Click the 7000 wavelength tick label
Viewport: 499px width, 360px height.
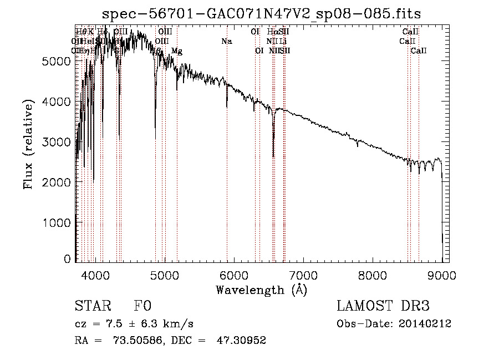(x=303, y=275)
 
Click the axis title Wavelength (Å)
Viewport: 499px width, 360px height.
(x=261, y=290)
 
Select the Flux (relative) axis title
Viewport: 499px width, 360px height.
(x=28, y=144)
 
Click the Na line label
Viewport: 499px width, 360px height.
(x=226, y=42)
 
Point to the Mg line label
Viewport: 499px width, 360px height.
(x=176, y=51)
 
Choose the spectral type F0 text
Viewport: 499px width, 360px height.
(x=142, y=306)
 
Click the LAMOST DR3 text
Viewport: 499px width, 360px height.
(x=383, y=306)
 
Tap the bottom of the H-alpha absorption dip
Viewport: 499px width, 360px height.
(x=273, y=156)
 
